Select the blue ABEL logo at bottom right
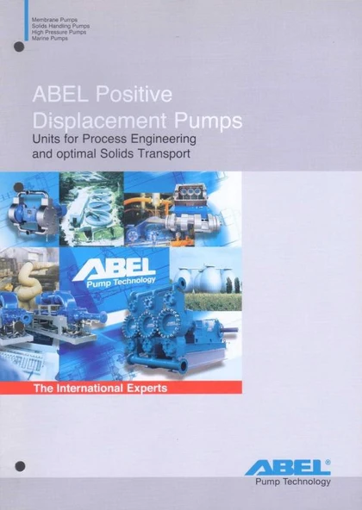(x=289, y=468)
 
